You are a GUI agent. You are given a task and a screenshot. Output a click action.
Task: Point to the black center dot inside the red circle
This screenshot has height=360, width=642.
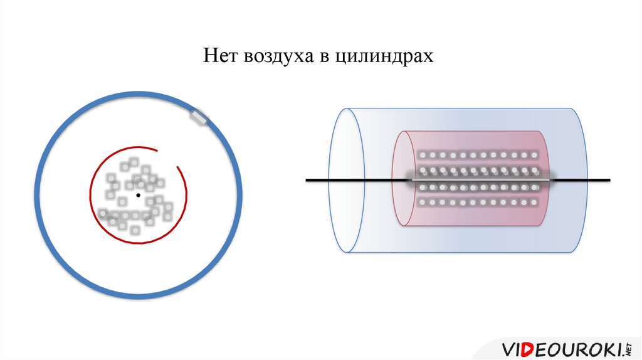[x=138, y=196]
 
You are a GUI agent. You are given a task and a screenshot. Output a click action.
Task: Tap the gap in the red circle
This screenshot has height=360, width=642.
[x=167, y=157]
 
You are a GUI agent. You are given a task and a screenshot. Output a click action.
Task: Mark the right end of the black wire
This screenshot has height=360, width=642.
[x=608, y=181]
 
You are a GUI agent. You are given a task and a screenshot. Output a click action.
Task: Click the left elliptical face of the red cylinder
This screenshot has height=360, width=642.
[x=402, y=181]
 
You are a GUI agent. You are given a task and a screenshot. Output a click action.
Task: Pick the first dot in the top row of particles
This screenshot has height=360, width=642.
[x=422, y=155]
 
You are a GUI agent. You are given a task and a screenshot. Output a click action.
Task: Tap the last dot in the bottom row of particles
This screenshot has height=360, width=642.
[x=534, y=203]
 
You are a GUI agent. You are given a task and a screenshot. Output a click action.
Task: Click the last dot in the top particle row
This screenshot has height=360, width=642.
[x=534, y=155]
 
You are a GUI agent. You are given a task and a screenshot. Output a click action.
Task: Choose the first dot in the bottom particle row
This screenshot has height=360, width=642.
[x=422, y=203]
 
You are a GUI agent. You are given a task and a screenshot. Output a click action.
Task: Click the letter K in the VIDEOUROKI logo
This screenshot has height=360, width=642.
[x=601, y=348]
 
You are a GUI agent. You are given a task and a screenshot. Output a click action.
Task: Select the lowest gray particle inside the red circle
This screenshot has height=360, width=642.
[x=135, y=230]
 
